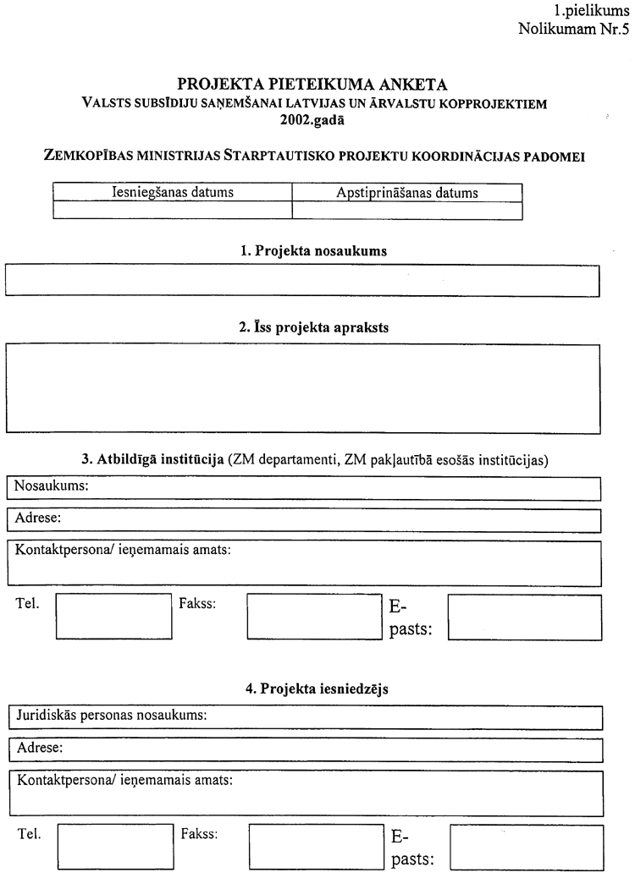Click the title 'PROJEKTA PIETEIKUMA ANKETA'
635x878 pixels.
[x=313, y=85]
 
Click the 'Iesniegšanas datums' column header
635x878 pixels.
[x=173, y=192]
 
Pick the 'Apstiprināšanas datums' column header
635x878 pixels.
[x=407, y=192]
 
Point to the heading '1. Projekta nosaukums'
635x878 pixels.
[x=315, y=251]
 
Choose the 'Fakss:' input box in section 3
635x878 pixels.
[x=314, y=616]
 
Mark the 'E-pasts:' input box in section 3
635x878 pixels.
[x=524, y=616]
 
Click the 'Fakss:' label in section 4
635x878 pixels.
[x=200, y=834]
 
